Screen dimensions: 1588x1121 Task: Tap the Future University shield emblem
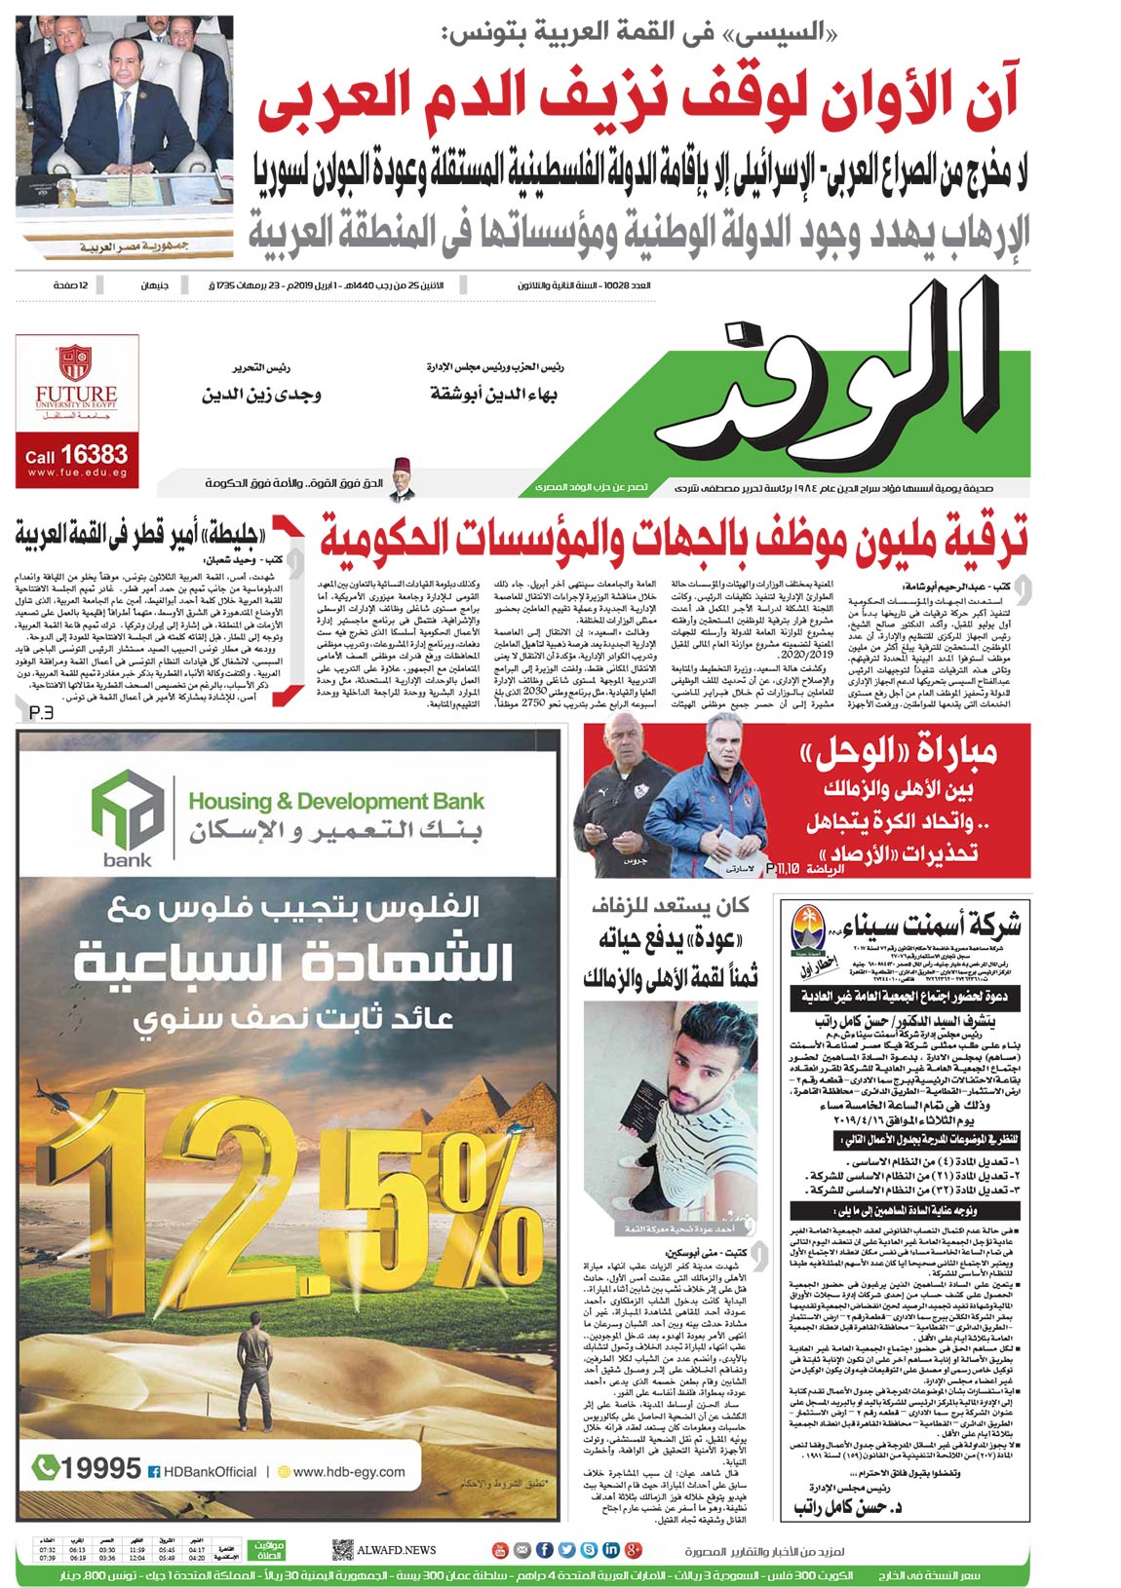click(x=75, y=362)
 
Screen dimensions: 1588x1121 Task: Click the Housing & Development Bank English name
click(x=335, y=802)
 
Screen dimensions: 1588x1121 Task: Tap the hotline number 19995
click(x=100, y=1467)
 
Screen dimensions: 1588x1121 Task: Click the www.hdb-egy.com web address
click(x=348, y=1471)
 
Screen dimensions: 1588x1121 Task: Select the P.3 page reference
click(x=42, y=713)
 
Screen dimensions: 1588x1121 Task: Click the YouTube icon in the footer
click(x=499, y=1549)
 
